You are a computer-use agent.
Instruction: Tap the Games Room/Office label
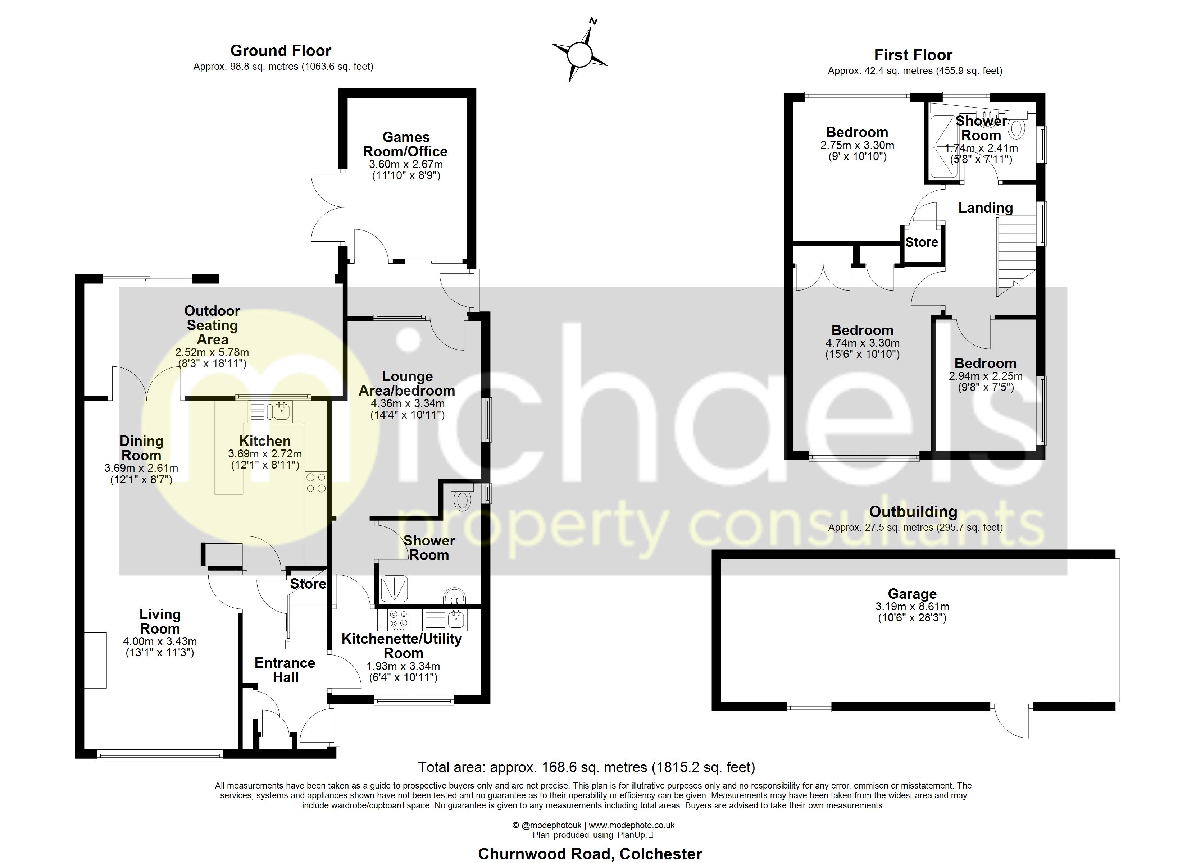click(406, 145)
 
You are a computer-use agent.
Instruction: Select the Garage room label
click(912, 594)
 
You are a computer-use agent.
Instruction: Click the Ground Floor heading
click(281, 51)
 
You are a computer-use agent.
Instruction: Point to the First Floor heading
click(913, 55)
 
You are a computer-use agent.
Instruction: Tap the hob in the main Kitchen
click(315, 483)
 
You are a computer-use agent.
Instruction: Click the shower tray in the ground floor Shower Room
click(394, 588)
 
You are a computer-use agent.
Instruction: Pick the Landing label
click(986, 208)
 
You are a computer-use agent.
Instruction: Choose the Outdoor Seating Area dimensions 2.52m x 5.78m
click(212, 352)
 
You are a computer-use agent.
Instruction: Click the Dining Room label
click(141, 448)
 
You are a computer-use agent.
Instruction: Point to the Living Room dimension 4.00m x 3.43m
click(160, 641)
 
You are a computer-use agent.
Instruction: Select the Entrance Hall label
click(285, 670)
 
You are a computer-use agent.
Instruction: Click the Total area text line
click(586, 767)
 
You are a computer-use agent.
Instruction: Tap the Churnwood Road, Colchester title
click(590, 854)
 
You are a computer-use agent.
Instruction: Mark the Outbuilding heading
click(913, 511)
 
